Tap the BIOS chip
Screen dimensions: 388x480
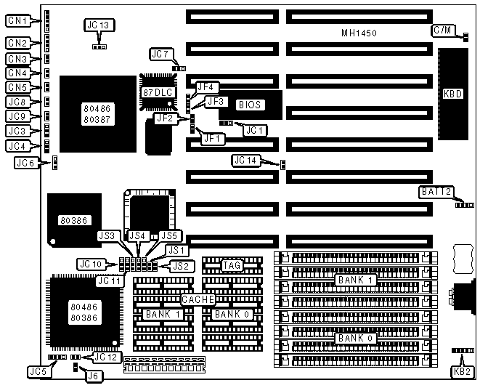tap(252, 105)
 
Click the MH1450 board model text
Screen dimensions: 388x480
tap(359, 33)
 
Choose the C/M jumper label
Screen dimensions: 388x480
tap(442, 30)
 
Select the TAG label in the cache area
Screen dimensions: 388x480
tap(231, 265)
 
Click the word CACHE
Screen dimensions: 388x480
tap(196, 299)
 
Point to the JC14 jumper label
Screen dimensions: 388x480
tap(245, 160)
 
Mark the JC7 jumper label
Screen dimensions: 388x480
tap(160, 54)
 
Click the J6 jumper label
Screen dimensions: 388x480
tap(92, 376)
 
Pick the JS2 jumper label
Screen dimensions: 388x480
tap(181, 266)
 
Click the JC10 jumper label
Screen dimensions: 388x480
tap(89, 264)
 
